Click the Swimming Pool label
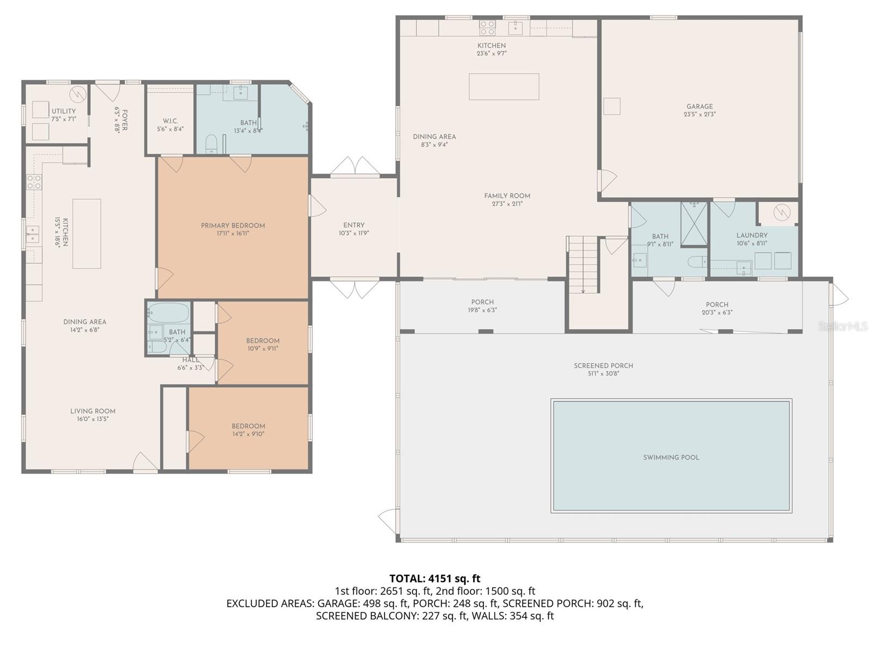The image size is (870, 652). (x=671, y=457)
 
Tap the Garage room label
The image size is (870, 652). (x=699, y=106)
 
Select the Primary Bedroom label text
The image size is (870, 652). (x=233, y=225)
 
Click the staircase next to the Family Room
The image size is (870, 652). (x=582, y=265)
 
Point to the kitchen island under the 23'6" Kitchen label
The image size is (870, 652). (x=504, y=87)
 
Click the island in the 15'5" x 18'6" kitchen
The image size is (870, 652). (x=87, y=234)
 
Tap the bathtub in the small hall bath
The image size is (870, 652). (x=169, y=313)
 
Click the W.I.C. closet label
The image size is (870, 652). (x=170, y=121)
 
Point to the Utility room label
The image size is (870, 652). (x=64, y=111)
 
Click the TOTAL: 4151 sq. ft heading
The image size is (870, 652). (x=434, y=578)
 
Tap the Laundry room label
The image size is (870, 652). (x=751, y=235)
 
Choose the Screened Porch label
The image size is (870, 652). (x=603, y=366)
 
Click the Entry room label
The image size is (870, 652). (x=353, y=225)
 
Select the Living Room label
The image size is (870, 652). (x=92, y=411)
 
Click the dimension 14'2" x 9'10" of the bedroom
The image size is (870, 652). (x=248, y=434)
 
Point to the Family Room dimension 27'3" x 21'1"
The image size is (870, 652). (x=507, y=204)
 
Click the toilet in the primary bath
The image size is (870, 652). (x=212, y=145)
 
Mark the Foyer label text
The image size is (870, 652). (x=125, y=120)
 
